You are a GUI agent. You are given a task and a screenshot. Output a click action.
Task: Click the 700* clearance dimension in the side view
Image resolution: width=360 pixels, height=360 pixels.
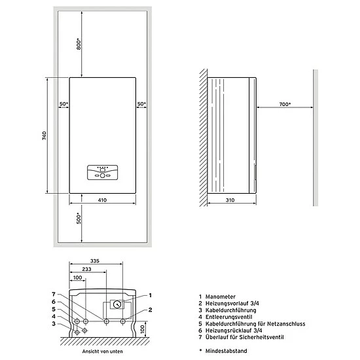(284, 104)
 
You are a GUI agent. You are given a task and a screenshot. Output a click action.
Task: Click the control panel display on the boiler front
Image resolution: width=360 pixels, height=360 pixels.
(101, 174)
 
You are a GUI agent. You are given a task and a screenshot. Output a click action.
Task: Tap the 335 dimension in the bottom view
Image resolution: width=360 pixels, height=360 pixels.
(95, 261)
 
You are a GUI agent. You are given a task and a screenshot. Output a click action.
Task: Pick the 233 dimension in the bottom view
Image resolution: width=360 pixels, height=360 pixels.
(86, 270)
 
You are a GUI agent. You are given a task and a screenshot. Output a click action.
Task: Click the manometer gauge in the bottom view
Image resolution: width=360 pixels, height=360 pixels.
(116, 304)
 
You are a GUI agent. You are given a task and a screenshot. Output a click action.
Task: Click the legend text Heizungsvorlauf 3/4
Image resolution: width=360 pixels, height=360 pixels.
(236, 304)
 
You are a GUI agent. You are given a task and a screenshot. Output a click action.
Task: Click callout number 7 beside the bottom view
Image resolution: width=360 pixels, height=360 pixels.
(54, 294)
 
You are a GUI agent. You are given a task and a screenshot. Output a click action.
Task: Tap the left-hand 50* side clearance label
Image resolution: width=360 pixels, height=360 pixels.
(63, 104)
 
